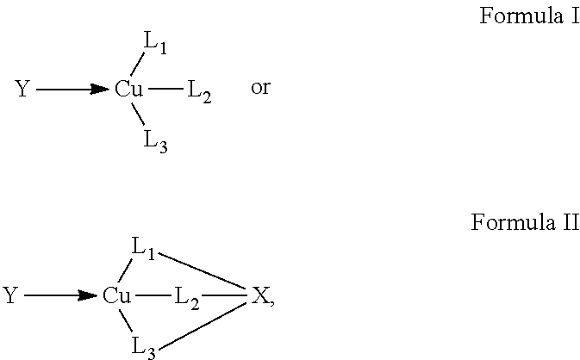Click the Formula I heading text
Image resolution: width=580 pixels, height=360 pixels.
529,16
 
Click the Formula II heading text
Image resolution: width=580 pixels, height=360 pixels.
525,222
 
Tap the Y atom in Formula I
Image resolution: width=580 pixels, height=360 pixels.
22,89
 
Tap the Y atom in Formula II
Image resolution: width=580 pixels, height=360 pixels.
10,295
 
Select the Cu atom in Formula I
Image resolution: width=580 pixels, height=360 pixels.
128,89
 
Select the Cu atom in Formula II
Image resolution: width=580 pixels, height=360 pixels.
116,295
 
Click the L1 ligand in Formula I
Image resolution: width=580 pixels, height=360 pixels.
155,43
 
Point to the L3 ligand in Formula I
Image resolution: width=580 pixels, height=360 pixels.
155,141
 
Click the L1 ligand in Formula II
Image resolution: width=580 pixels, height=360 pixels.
144,249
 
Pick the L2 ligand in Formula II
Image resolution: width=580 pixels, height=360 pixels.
187,298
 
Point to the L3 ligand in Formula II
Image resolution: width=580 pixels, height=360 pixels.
144,348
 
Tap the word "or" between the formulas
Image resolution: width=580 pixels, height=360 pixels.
260,88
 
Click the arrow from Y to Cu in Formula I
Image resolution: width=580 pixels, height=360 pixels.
73,89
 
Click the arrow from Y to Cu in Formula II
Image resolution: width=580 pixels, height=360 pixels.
61,295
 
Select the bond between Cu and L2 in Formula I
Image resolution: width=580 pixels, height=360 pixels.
165,89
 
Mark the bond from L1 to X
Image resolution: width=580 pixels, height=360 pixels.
203,270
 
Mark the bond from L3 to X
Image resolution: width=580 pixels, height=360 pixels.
203,326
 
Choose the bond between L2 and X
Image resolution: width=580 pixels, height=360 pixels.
224,295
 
